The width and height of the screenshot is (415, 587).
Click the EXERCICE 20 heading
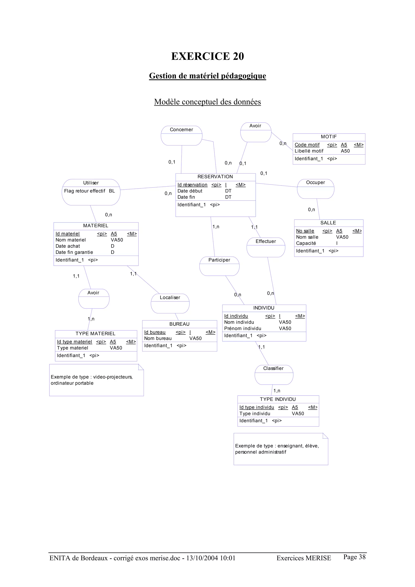coord(207,56)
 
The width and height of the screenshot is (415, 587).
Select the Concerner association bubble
coord(181,136)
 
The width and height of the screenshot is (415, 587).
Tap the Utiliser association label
coord(91,183)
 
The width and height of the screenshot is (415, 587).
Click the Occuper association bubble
coord(315,189)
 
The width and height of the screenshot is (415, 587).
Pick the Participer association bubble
coord(219,266)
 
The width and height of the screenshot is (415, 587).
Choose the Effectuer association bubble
coord(266,247)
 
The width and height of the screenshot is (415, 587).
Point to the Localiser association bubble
coord(170,303)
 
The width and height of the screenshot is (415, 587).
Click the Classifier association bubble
coord(274,375)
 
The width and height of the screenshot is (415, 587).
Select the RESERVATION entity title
coord(215,177)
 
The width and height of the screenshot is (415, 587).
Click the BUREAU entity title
coord(179,324)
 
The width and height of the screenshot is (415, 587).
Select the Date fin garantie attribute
coord(74,252)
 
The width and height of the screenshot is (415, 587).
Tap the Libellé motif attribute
coord(309,151)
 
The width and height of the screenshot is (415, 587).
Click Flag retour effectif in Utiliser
coord(84,191)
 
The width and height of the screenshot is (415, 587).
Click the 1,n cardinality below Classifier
coord(277,391)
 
